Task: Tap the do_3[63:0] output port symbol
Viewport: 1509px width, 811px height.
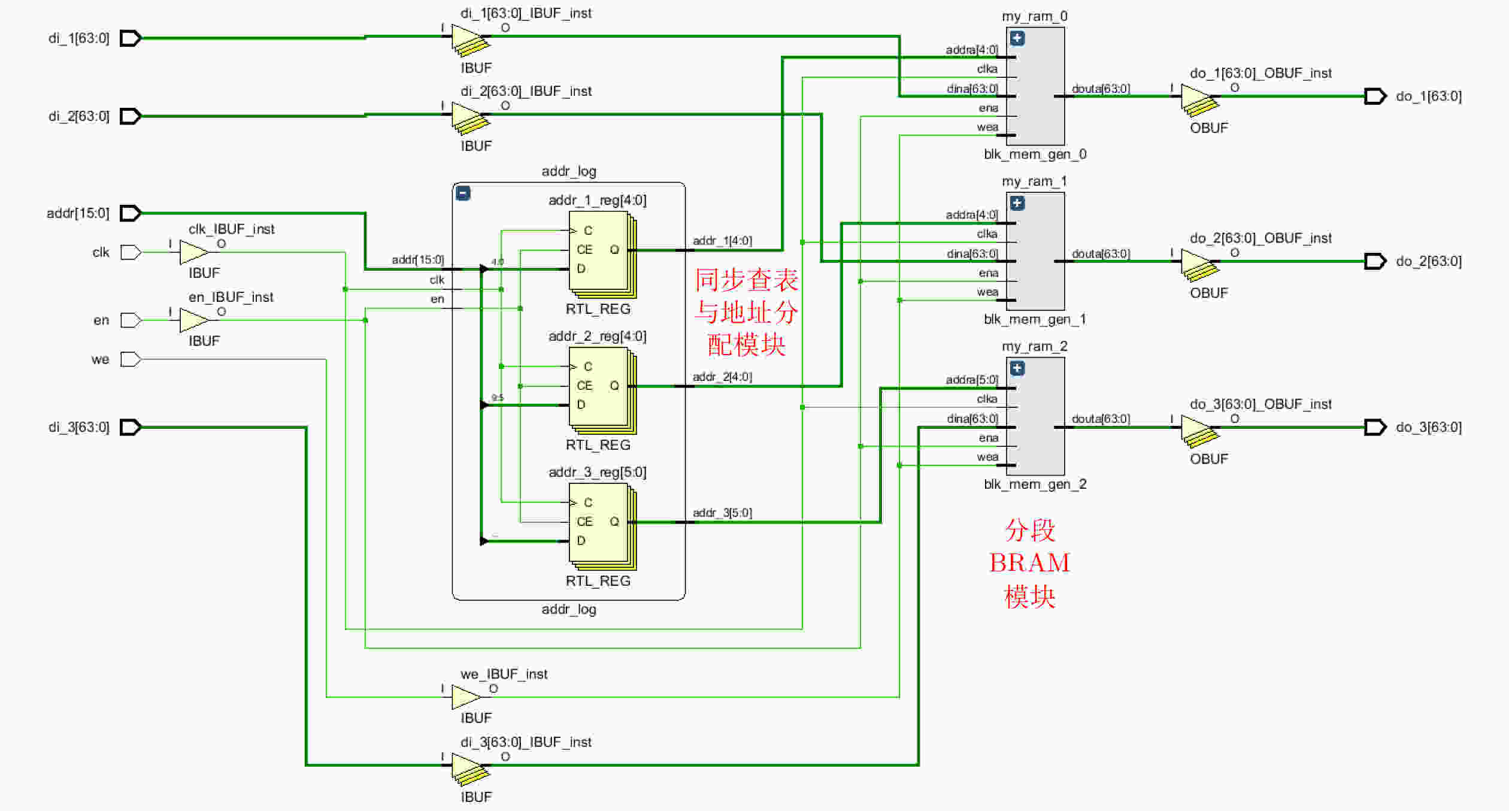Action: click(x=1375, y=427)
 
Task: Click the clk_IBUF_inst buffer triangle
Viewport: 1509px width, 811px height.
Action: click(x=193, y=252)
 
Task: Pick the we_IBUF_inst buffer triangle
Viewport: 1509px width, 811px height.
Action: click(x=465, y=697)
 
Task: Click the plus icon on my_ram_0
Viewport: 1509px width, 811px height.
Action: click(x=1017, y=38)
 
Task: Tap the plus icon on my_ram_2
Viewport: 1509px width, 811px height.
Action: click(x=1017, y=368)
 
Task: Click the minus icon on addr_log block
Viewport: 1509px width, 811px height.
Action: click(x=463, y=193)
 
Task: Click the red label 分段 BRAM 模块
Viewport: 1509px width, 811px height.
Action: click(x=1029, y=563)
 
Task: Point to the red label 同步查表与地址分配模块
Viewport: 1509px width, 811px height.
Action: click(x=746, y=313)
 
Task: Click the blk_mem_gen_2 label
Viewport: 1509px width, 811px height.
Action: click(x=1035, y=484)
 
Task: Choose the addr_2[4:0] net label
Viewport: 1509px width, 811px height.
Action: click(x=722, y=377)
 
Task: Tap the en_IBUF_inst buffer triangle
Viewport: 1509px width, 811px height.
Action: click(x=193, y=320)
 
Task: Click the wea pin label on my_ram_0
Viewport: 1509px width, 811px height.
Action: click(x=987, y=127)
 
